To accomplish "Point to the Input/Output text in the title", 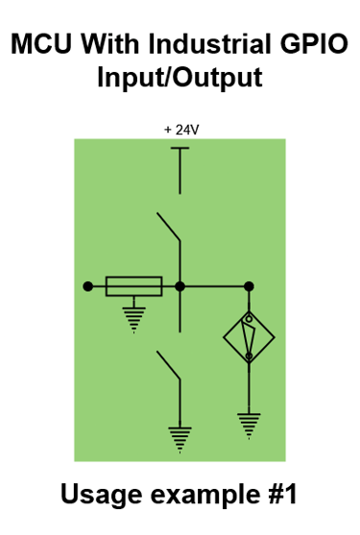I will [x=180, y=78].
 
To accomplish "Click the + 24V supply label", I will [x=180, y=129].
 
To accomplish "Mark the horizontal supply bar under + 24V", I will [x=180, y=149].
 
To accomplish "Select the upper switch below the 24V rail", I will [x=172, y=228].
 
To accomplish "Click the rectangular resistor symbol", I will [x=133, y=286].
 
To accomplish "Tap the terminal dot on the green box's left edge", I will [x=87, y=286].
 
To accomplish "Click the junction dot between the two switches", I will [x=180, y=286].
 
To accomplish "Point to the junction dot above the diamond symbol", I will [x=249, y=286].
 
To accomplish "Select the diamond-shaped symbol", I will [x=249, y=337].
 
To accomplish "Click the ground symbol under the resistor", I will [x=133, y=318].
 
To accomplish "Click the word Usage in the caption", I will [x=100, y=495].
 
